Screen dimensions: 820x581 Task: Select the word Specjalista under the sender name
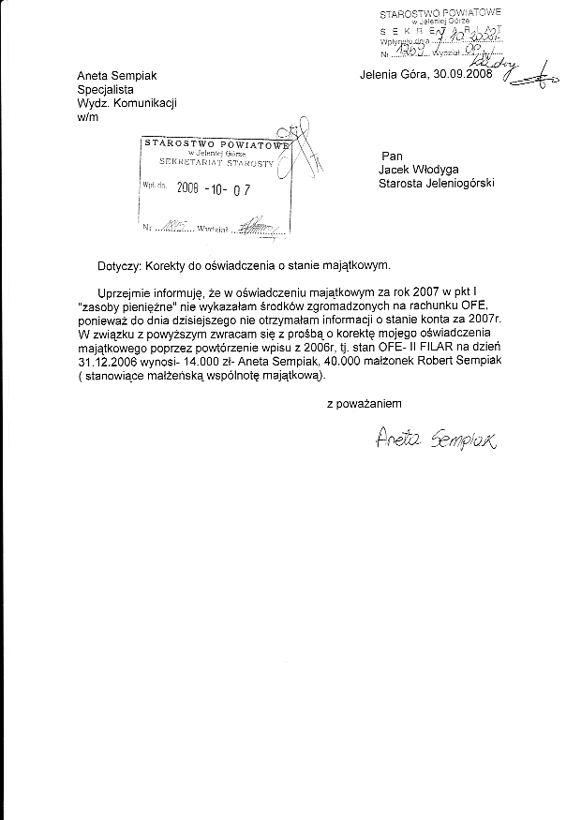click(x=108, y=91)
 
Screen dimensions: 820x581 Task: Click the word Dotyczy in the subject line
click(x=119, y=266)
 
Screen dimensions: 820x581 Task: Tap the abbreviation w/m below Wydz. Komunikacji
click(x=86, y=118)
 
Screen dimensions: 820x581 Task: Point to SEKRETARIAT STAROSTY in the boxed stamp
click(x=216, y=162)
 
